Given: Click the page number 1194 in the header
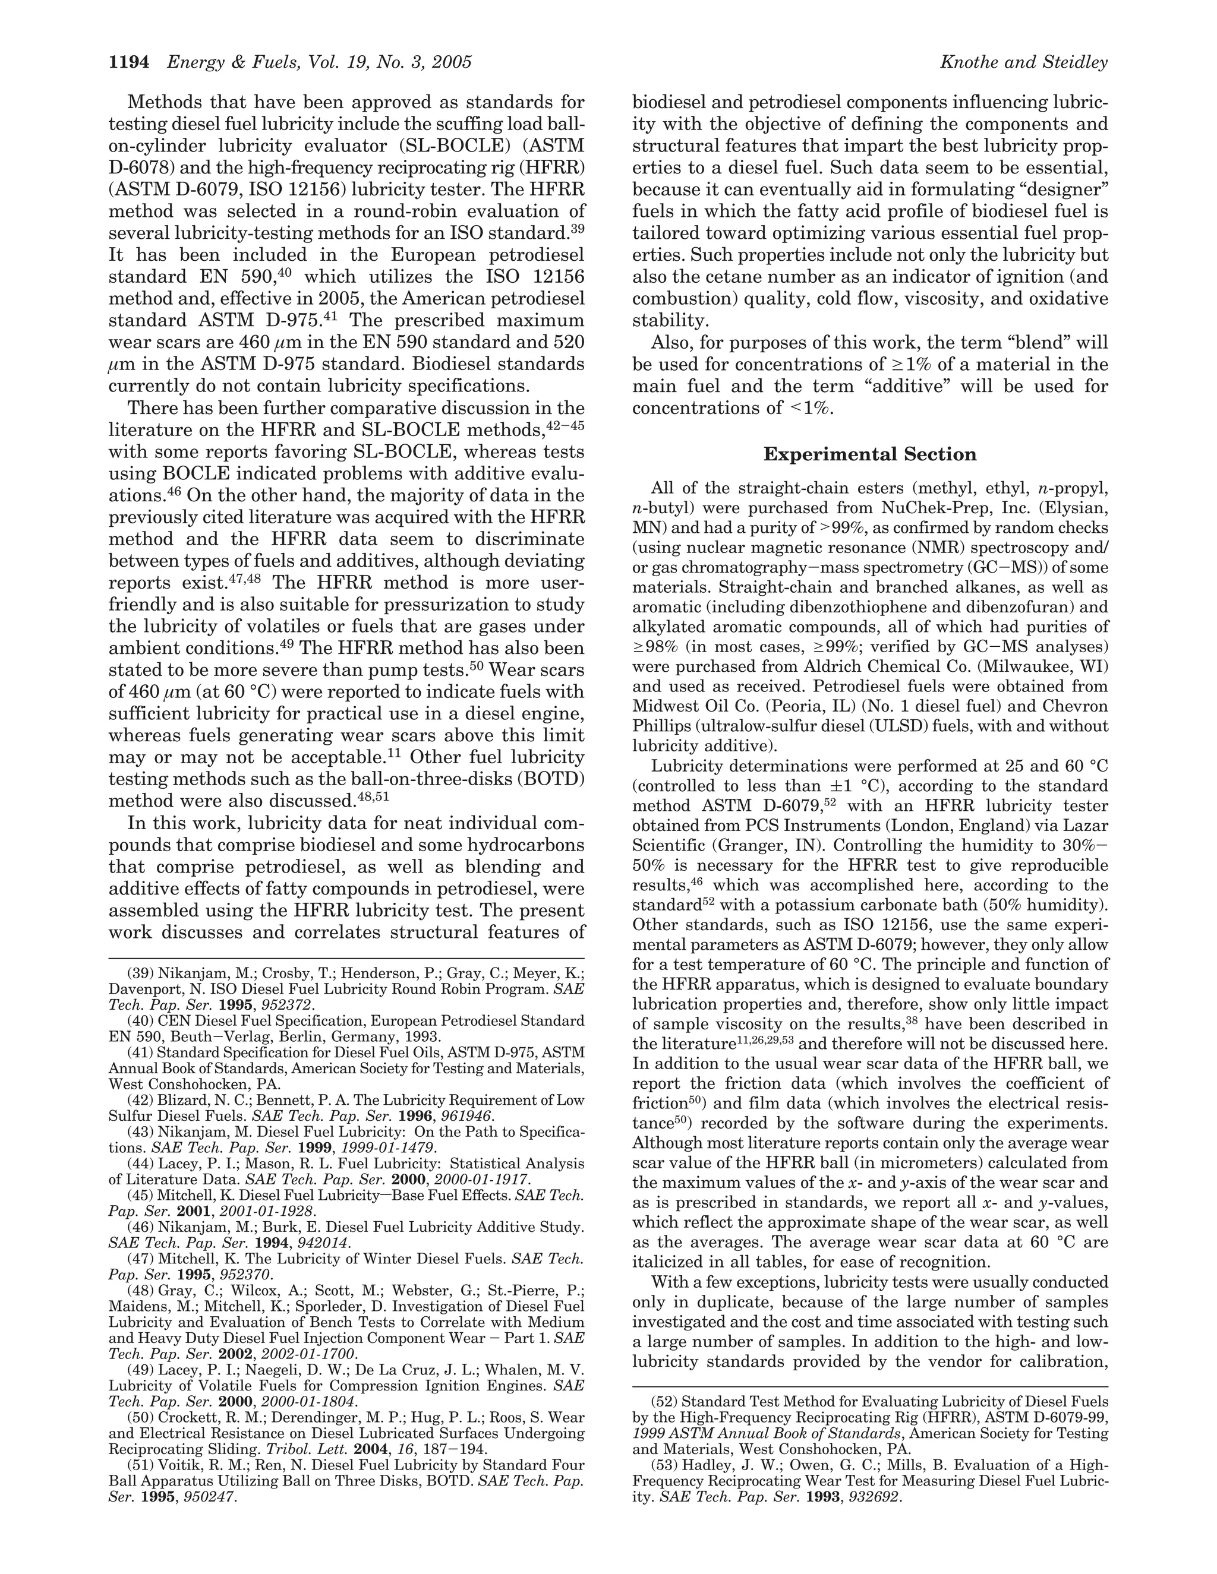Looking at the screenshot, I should [128, 63].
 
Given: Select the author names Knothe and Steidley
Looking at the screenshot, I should [1024, 63].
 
